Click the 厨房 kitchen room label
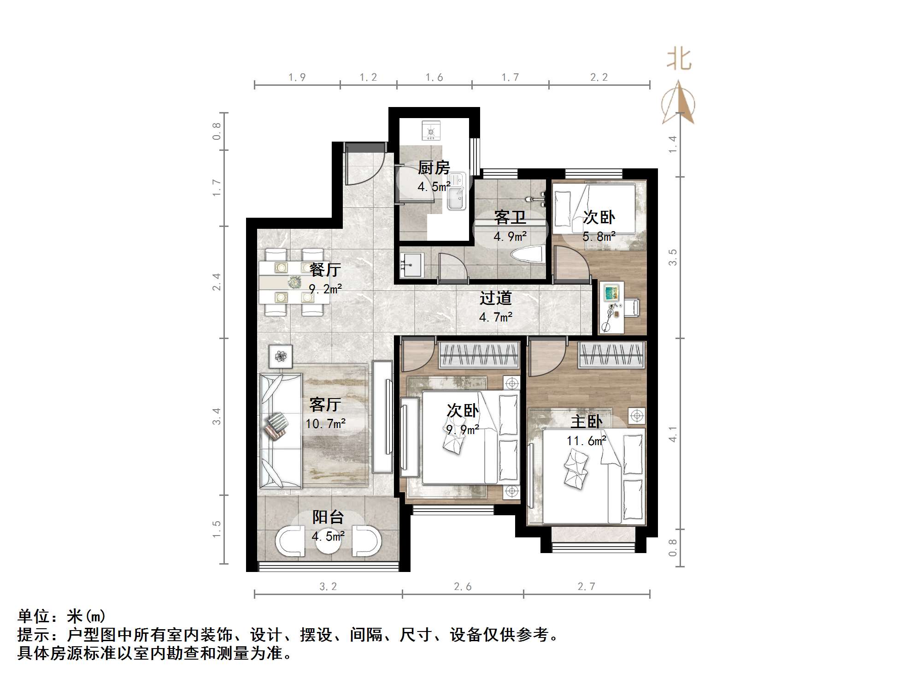434,167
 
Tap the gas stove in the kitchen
431,131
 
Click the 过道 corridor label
495,298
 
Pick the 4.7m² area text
495,317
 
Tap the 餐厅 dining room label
325,269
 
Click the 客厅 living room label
325,405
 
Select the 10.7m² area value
325,423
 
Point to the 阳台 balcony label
328,517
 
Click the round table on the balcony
328,544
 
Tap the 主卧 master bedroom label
586,422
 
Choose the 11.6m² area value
586,441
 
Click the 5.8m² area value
599,237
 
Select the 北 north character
679,60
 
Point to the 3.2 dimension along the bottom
328,586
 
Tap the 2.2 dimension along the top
599,77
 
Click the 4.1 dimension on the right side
673,434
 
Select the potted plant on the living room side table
281,356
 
